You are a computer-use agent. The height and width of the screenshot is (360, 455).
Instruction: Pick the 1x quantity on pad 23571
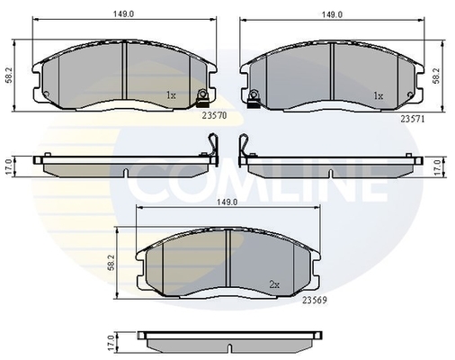(379, 94)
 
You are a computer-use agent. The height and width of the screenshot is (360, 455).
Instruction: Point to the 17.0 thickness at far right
(437, 166)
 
